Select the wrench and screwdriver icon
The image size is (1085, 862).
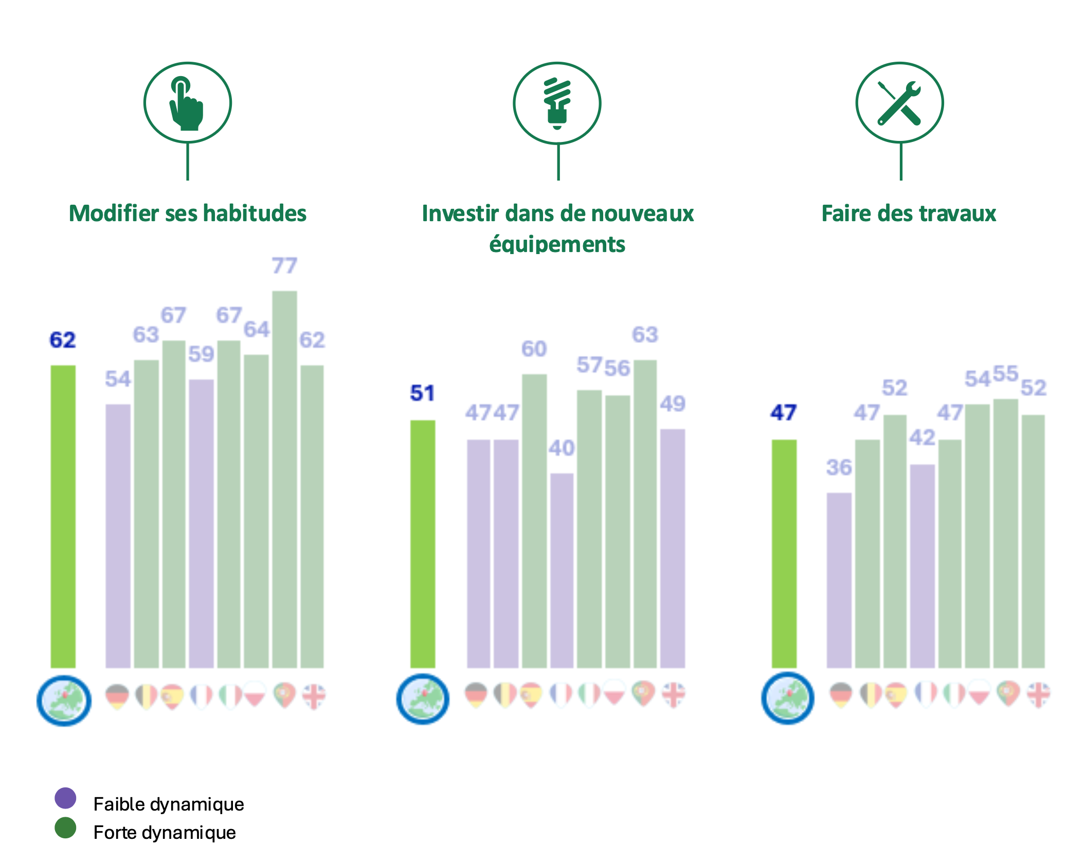(x=899, y=103)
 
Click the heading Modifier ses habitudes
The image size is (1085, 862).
(x=188, y=213)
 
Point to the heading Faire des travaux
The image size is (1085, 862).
(x=908, y=213)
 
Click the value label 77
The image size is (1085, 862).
(x=284, y=266)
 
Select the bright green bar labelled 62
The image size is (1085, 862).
(x=63, y=516)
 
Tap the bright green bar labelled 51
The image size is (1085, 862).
(x=423, y=544)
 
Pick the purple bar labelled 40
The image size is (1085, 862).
(x=562, y=570)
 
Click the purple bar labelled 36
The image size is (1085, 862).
(x=839, y=580)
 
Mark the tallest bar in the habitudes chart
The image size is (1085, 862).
(x=284, y=479)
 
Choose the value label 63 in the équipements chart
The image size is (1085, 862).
(x=645, y=335)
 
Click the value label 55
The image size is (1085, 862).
(x=1005, y=374)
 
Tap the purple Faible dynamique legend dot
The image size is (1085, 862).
(x=65, y=798)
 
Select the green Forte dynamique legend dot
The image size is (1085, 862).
(x=65, y=828)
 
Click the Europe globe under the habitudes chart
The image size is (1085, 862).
(x=64, y=701)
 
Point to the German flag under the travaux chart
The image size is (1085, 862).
(x=841, y=695)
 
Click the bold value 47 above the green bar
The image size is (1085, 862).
(x=783, y=412)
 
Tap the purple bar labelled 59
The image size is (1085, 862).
(x=201, y=523)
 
